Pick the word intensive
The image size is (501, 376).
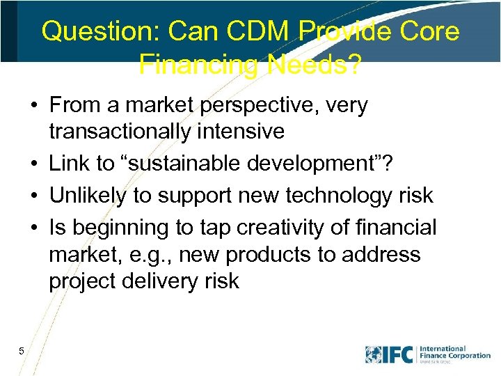pos(244,131)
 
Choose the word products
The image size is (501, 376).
pos(268,254)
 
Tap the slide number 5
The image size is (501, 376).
pos(22,351)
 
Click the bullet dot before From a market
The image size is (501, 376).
pos(34,107)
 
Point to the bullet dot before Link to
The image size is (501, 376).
pos(34,164)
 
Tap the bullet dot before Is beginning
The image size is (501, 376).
pos(34,228)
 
